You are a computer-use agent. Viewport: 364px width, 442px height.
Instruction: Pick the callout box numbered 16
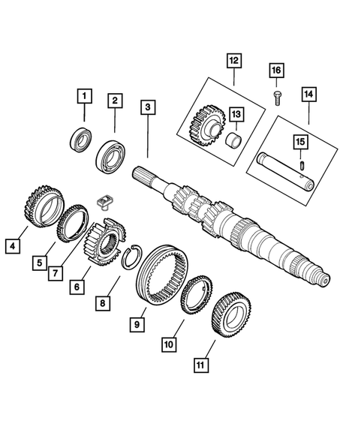[275, 70]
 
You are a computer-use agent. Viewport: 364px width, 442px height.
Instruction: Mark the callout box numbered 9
[138, 325]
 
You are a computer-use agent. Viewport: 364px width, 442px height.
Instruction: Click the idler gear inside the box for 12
[202, 121]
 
